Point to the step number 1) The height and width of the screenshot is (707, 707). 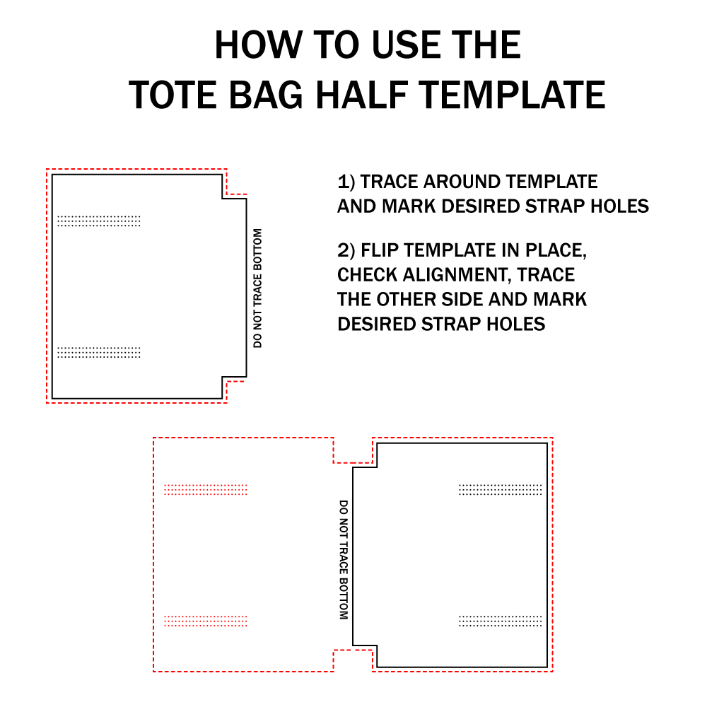[346, 182]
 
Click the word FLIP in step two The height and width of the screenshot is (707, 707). [380, 250]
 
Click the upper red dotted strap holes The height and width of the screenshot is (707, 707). [206, 490]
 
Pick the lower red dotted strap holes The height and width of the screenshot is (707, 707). [206, 621]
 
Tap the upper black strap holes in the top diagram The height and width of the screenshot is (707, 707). [99, 221]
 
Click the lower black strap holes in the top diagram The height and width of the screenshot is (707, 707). [99, 352]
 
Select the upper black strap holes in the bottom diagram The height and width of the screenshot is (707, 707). [501, 490]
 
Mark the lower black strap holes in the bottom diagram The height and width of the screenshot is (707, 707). [501, 621]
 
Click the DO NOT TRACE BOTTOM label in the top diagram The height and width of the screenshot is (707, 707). [257, 288]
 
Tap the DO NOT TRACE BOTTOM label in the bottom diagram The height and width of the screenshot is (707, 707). [344, 559]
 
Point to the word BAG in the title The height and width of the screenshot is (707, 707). [266, 95]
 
